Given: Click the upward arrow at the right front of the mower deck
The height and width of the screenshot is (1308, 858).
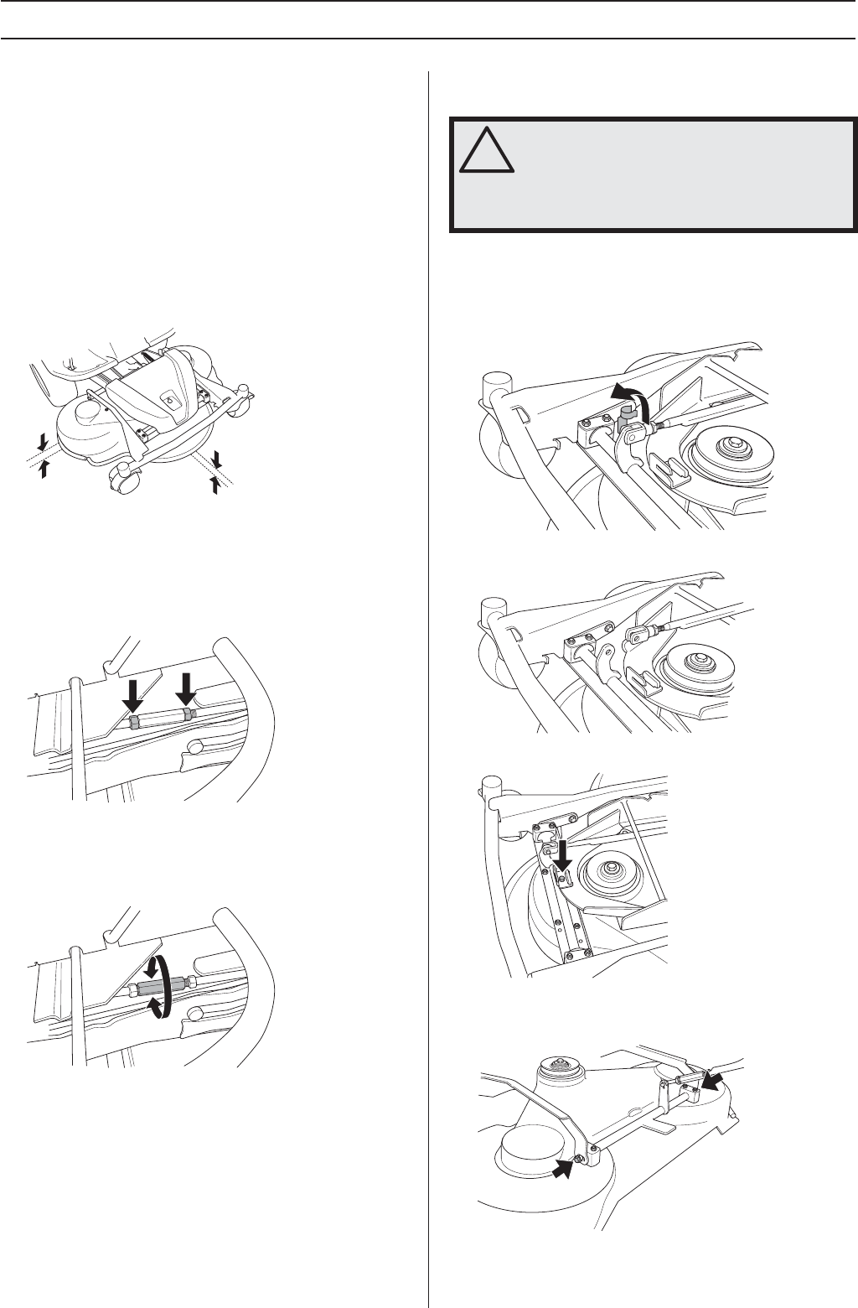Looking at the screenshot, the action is click(x=215, y=485).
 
